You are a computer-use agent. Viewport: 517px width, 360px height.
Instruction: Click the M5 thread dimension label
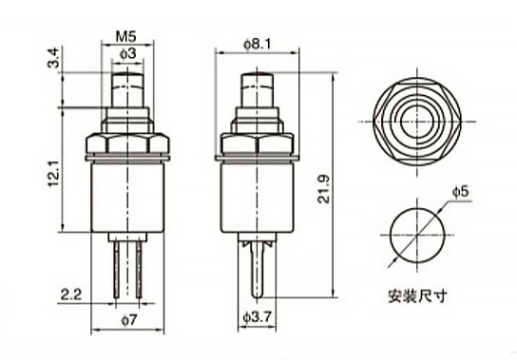coord(125,37)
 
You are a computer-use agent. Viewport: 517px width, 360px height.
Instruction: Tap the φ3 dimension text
coord(127,53)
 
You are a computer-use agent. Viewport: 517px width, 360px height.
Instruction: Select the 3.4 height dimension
coord(53,58)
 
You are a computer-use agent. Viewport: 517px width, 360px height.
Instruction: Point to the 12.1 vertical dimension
coord(54,174)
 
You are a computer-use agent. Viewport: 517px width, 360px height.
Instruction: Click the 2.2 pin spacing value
coord(71,294)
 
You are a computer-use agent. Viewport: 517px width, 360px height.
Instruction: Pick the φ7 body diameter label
coord(128,320)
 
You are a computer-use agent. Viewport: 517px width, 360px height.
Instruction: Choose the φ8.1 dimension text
coord(258,44)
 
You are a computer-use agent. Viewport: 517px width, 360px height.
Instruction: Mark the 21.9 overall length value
coord(323,189)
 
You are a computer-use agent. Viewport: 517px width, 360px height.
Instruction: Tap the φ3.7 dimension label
coord(258,317)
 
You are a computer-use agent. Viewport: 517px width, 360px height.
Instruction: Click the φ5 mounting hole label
coord(460,191)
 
